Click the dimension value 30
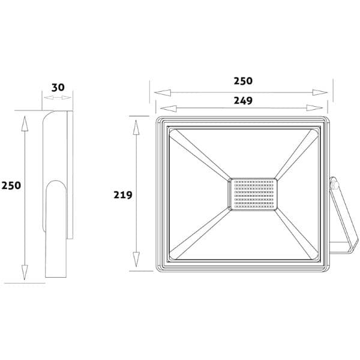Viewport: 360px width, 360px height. (58, 88)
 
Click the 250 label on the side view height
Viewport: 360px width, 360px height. (11, 185)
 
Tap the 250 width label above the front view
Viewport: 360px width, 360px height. (243, 81)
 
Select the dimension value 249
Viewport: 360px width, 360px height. (243, 101)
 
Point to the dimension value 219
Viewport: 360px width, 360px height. (123, 195)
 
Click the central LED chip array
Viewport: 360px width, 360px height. (253, 194)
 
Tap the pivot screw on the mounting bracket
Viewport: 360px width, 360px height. (335, 185)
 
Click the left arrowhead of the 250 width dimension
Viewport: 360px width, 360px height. (163, 93)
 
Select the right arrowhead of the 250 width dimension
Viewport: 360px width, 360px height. (320, 92)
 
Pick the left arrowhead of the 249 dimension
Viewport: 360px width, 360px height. (168, 109)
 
